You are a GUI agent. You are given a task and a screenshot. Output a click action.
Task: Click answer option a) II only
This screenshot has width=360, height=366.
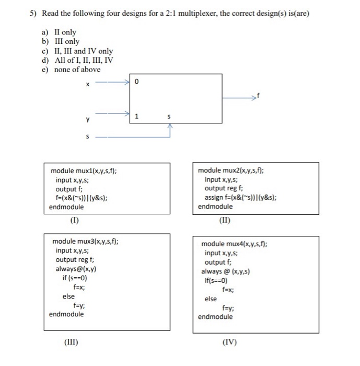61,32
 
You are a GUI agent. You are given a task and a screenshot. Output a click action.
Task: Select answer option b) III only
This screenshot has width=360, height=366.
63,41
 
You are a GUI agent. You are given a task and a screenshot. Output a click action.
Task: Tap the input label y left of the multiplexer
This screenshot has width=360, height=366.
88,119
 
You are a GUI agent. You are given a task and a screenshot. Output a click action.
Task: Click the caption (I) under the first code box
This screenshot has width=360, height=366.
75,220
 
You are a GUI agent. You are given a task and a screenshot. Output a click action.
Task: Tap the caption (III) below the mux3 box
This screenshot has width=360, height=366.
71,342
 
